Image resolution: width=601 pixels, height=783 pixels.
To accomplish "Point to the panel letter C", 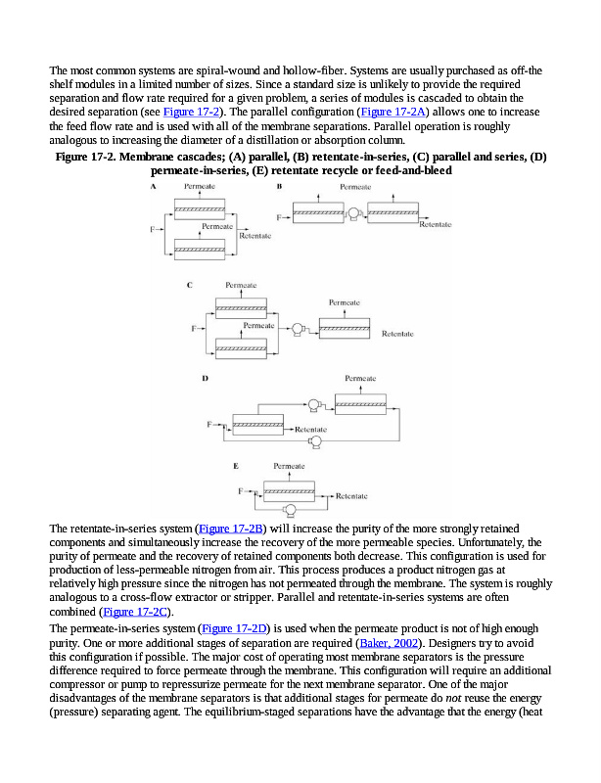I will (x=190, y=285).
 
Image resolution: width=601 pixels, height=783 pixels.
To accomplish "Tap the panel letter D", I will (x=204, y=377).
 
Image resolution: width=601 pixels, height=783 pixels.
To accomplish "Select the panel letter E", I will (x=236, y=466).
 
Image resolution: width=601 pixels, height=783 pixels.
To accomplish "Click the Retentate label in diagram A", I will (x=255, y=236).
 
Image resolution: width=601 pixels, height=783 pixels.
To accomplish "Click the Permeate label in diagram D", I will (x=360, y=378).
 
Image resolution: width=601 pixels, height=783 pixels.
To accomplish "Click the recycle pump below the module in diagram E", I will (x=290, y=509).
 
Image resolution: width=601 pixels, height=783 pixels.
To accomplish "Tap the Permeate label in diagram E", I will (x=288, y=466).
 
